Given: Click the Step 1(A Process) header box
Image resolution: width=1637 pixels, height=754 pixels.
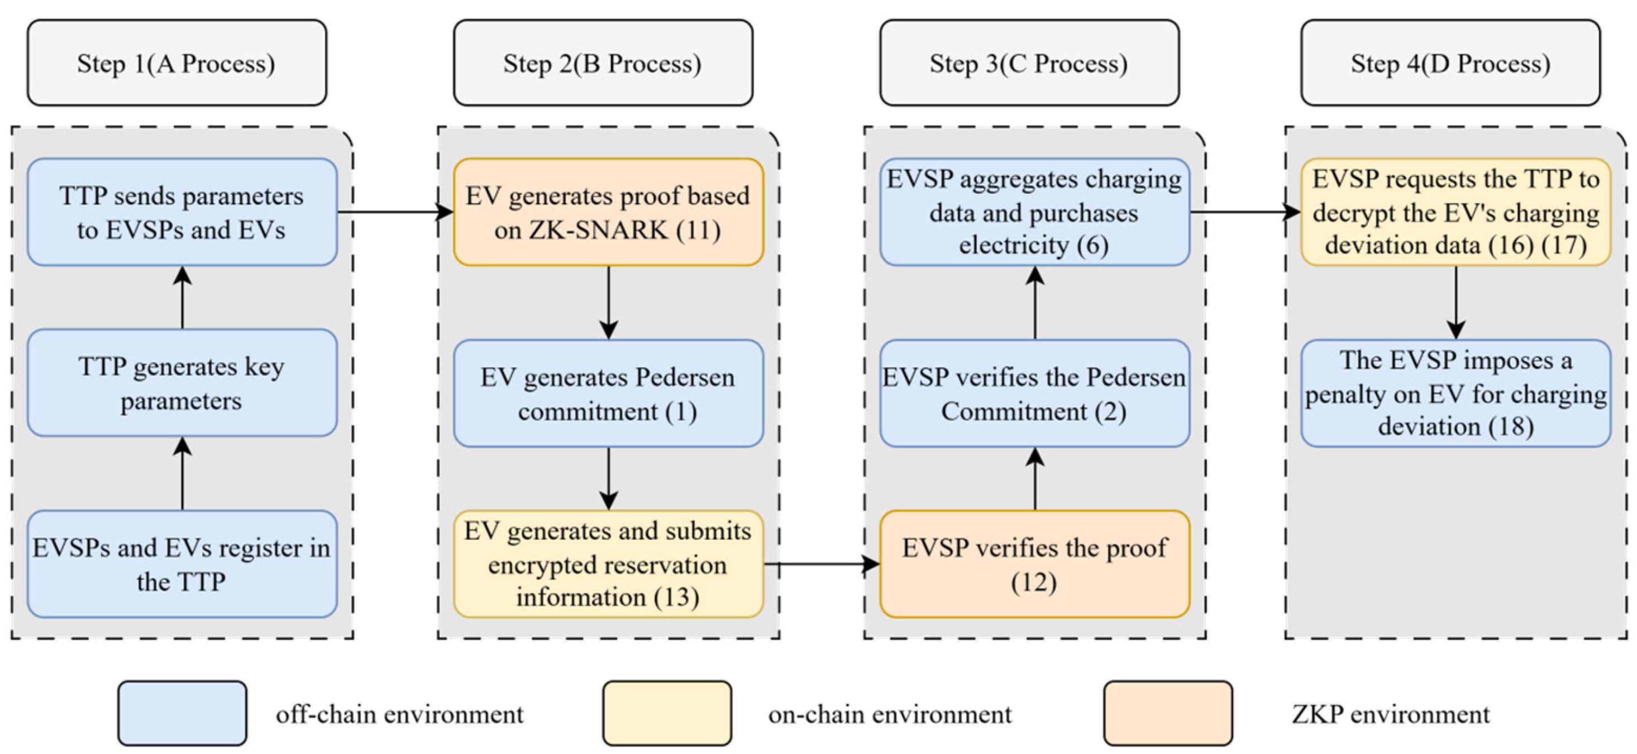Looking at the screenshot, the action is (176, 63).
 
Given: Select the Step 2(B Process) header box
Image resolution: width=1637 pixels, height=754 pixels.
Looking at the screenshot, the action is (603, 63).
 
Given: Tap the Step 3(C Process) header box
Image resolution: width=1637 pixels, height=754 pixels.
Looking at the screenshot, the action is (1029, 63).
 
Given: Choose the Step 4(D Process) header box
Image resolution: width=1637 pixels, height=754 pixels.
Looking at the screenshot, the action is (1451, 63).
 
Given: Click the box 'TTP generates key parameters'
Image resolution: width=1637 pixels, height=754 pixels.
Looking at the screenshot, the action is (183, 382).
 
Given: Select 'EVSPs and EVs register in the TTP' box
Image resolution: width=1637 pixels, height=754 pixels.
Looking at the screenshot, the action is (183, 564).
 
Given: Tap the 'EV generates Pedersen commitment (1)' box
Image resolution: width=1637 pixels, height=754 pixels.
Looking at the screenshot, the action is (609, 393).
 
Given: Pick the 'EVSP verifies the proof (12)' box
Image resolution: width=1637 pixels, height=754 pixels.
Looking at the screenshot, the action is (1035, 564).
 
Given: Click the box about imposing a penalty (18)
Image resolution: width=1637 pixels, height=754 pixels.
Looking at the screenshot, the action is (1456, 393).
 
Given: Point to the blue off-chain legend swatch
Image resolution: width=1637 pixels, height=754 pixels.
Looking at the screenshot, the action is (183, 713).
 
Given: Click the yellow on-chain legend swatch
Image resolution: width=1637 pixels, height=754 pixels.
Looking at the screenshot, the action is (667, 713).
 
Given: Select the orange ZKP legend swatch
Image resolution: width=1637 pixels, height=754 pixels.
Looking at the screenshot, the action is (1168, 713).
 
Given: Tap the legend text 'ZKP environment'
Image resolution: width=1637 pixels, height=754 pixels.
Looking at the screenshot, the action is (1391, 714).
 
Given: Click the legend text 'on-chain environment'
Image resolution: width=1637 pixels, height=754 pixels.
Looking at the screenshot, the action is (890, 714).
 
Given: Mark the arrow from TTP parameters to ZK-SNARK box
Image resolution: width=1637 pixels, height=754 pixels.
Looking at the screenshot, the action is (395, 212).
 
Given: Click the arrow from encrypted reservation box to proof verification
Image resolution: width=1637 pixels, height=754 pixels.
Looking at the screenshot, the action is (822, 564).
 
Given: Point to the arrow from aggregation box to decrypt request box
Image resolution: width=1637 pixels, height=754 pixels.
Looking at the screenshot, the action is (1245, 212).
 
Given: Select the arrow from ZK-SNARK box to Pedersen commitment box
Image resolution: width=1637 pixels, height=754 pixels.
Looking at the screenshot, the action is (609, 302).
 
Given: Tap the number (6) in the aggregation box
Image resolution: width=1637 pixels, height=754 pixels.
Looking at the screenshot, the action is (1092, 245).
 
